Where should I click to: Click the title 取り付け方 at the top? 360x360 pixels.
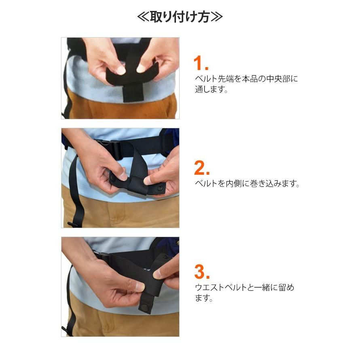(x=180, y=17)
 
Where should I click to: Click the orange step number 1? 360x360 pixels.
(x=201, y=64)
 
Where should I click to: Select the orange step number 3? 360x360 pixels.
(x=201, y=272)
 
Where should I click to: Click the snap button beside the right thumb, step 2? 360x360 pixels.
(x=161, y=188)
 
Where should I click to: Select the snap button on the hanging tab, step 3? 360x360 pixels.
(x=144, y=308)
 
